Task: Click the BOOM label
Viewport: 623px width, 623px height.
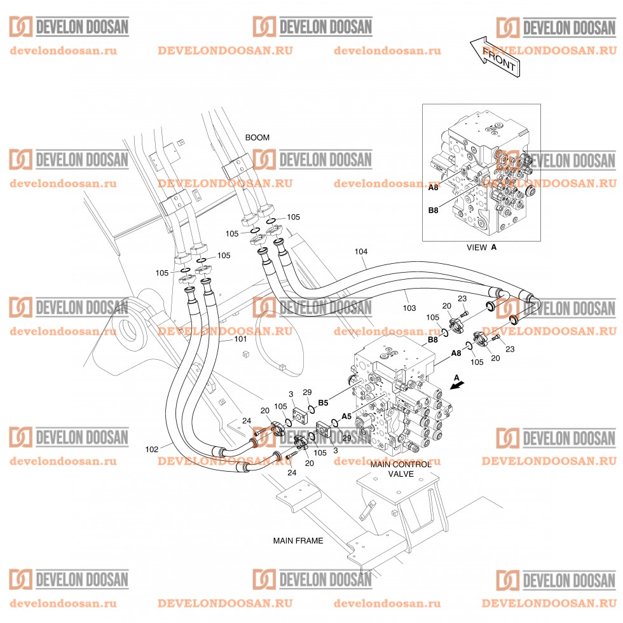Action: pyautogui.click(x=257, y=137)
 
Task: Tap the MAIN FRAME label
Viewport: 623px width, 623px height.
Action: pyautogui.click(x=298, y=541)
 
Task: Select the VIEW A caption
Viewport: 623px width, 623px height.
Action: pyautogui.click(x=482, y=247)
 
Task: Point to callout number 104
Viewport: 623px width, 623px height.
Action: pyautogui.click(x=361, y=252)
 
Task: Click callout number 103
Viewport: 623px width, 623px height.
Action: pyautogui.click(x=409, y=308)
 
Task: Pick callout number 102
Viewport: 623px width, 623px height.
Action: pyautogui.click(x=152, y=449)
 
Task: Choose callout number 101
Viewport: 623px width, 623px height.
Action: pyautogui.click(x=240, y=339)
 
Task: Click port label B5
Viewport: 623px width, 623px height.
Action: pyautogui.click(x=323, y=403)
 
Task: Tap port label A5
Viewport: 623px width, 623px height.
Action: pyautogui.click(x=346, y=416)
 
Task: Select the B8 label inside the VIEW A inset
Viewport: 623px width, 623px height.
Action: pyautogui.click(x=433, y=210)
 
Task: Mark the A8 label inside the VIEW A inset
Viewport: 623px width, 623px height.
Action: pyautogui.click(x=433, y=187)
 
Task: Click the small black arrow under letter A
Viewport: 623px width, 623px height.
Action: pyautogui.click(x=458, y=385)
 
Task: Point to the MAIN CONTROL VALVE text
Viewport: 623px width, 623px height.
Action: pyautogui.click(x=400, y=469)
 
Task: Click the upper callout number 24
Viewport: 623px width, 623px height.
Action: pyautogui.click(x=247, y=420)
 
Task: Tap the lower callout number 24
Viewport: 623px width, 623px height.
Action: pyautogui.click(x=292, y=472)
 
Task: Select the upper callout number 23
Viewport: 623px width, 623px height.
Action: pyautogui.click(x=462, y=299)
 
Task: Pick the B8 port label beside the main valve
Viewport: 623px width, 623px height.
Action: pyautogui.click(x=433, y=339)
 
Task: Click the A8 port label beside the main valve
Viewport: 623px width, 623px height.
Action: pyautogui.click(x=456, y=353)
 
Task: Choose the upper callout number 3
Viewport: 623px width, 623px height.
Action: pyautogui.click(x=291, y=394)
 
